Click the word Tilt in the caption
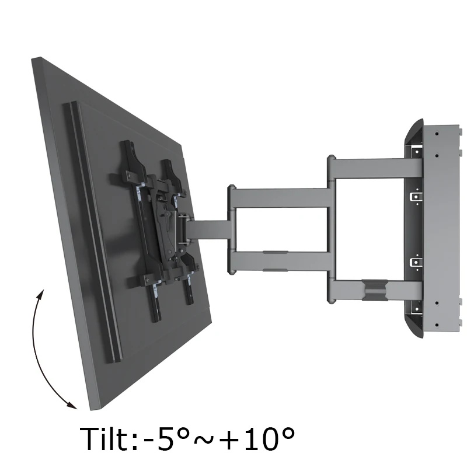click(x=104, y=439)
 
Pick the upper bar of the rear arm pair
click(x=374, y=166)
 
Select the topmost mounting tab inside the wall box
click(x=414, y=151)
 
